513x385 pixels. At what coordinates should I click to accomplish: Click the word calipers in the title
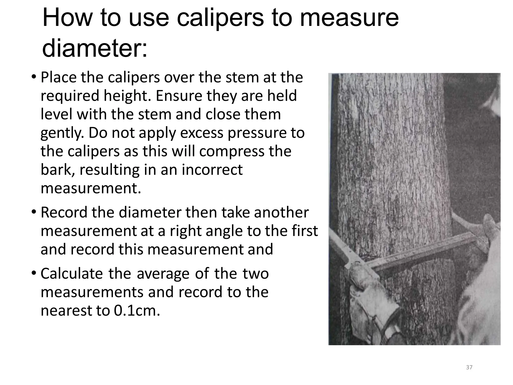tap(220, 18)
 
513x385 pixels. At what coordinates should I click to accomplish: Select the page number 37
tap(469, 367)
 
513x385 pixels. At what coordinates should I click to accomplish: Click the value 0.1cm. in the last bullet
tap(137, 311)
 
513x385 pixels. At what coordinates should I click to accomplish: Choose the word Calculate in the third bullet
tap(72, 273)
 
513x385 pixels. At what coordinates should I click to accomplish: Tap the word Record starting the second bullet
tap(64, 213)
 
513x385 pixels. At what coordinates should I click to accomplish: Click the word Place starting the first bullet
tap(58, 77)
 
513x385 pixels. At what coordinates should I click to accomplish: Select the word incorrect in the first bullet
tap(212, 170)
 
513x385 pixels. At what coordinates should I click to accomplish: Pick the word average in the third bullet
tap(163, 273)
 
